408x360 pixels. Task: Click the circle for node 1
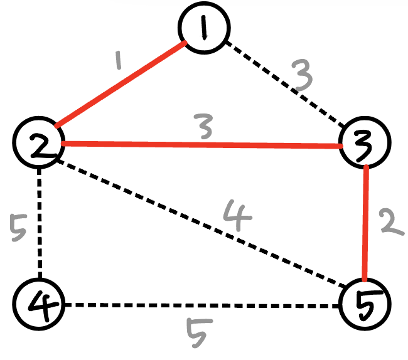pos(205,29)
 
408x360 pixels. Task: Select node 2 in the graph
pos(39,144)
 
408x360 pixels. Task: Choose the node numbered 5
pos(363,305)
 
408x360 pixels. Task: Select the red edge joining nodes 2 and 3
pos(201,145)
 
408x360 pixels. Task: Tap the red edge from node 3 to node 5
pos(365,223)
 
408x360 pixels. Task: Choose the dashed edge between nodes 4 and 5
pos(201,305)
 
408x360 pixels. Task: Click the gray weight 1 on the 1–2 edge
pos(117,61)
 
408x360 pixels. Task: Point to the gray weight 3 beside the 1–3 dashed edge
pos(303,77)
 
